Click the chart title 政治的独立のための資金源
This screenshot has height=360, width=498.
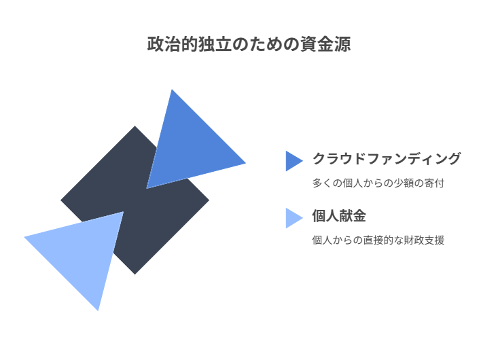[249, 45]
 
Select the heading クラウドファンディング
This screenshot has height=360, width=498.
[386, 159]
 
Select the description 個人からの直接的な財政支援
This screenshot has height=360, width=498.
[378, 240]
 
